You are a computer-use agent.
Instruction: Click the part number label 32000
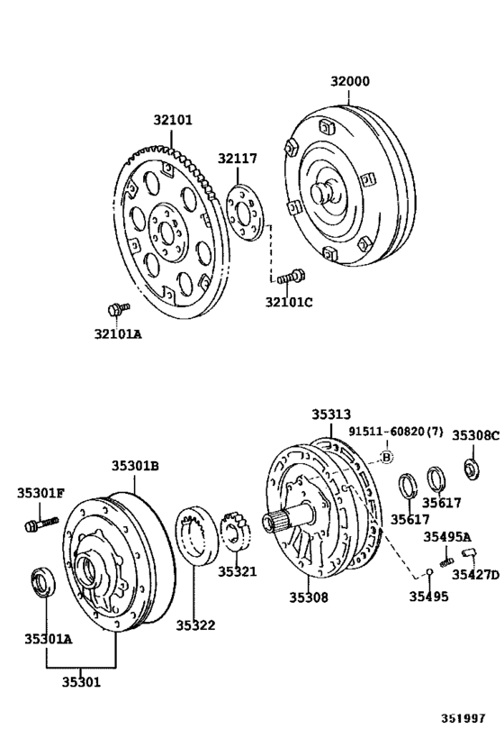[349, 81]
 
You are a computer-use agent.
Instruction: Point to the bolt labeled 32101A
[113, 309]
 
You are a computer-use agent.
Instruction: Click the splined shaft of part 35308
[281, 522]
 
